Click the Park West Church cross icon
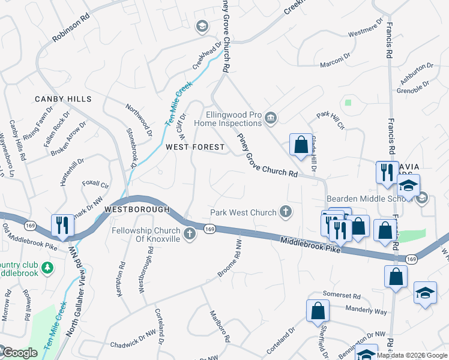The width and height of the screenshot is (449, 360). pyautogui.click(x=286, y=212)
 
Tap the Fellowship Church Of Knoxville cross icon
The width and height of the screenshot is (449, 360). pyautogui.click(x=190, y=234)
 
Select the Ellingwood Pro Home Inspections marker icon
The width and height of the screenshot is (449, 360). pyautogui.click(x=271, y=118)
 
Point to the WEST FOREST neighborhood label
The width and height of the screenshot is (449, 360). pyautogui.click(x=195, y=147)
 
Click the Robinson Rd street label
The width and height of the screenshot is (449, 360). pyautogui.click(x=70, y=28)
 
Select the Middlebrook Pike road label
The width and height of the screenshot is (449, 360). pyautogui.click(x=310, y=245)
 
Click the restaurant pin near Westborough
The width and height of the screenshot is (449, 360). pyautogui.click(x=62, y=226)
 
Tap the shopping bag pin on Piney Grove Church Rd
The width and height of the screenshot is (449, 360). pyautogui.click(x=301, y=145)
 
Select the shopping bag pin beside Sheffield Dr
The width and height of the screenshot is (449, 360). pyautogui.click(x=318, y=311)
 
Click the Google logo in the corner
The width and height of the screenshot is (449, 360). pyautogui.click(x=19, y=353)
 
